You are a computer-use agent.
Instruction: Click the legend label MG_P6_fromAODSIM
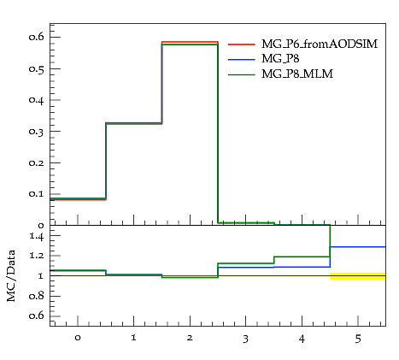[320, 44]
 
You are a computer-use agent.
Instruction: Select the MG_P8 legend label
[280, 59]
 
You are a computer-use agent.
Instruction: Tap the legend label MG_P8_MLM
[297, 74]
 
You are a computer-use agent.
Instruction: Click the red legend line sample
[242, 44]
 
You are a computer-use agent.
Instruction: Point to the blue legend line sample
[242, 59]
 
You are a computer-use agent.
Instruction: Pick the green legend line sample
[242, 74]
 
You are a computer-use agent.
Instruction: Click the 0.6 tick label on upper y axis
[37, 37]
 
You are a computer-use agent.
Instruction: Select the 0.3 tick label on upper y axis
[37, 132]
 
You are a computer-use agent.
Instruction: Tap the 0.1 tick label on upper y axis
[37, 194]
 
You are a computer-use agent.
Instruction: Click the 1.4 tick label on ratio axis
[37, 236]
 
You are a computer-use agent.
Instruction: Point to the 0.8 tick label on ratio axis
[37, 296]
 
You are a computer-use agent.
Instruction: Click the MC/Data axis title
[11, 276]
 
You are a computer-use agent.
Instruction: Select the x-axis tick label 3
[245, 339]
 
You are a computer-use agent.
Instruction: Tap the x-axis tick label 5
[358, 339]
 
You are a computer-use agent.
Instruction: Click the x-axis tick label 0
[78, 338]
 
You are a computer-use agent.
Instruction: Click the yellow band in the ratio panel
[358, 276]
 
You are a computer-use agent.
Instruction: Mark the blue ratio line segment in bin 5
[358, 247]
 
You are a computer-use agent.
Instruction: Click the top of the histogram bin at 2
[190, 44]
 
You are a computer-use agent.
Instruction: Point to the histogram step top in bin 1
[134, 123]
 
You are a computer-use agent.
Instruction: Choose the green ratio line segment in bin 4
[302, 257]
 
